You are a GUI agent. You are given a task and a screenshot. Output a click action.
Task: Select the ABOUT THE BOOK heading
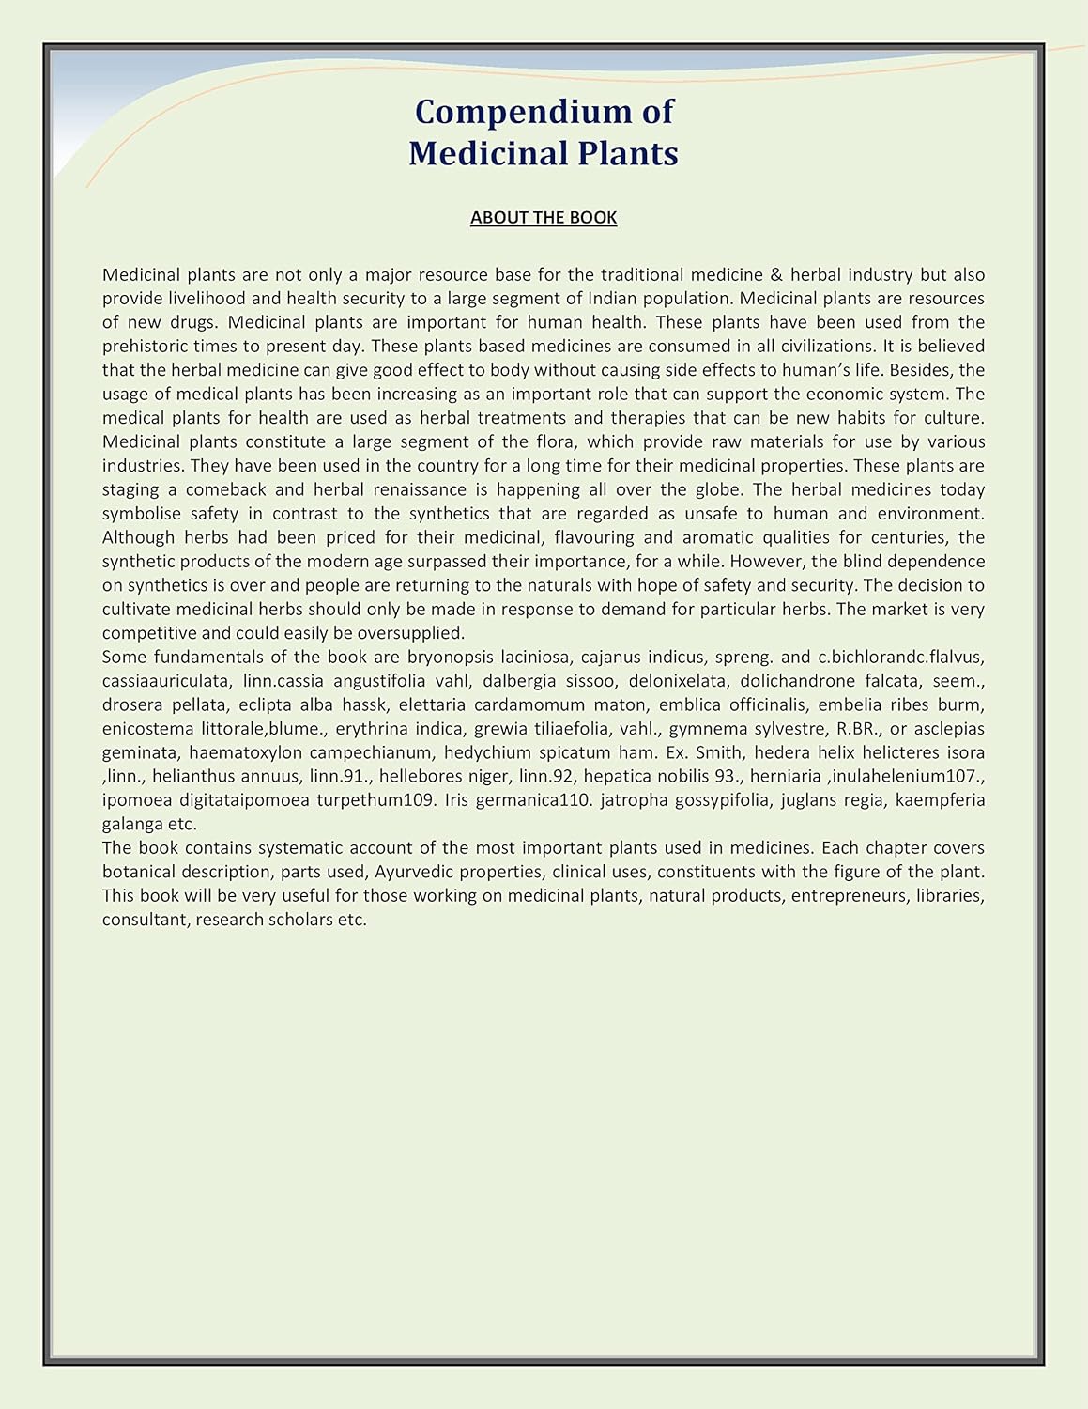tap(544, 218)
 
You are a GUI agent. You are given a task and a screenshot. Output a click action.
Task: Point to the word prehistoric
tap(147, 347)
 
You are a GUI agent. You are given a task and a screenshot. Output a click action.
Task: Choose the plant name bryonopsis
tap(450, 657)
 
